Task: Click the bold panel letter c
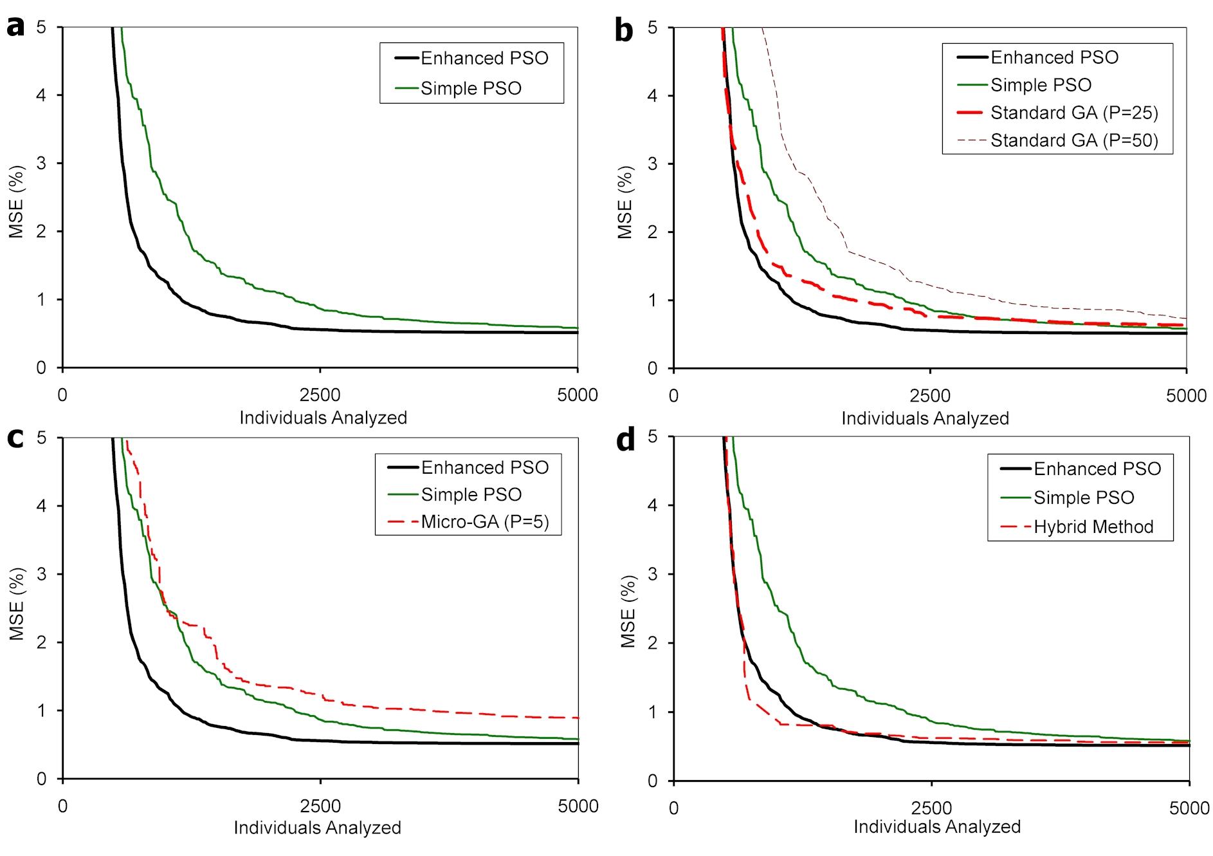point(15,438)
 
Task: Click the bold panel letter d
point(625,440)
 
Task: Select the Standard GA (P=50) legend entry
point(1073,140)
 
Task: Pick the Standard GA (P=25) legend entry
point(1073,113)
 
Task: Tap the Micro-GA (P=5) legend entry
point(484,521)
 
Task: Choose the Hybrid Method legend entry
point(1093,526)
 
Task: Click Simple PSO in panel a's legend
point(471,88)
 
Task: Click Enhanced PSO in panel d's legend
point(1097,469)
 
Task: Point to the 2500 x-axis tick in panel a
point(320,395)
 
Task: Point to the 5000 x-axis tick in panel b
point(1186,395)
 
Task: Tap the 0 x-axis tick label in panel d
point(673,808)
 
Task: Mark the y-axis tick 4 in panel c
point(42,506)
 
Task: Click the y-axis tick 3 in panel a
point(42,163)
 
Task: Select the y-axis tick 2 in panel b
point(652,232)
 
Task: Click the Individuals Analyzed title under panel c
point(317,828)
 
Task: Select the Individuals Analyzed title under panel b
point(925,418)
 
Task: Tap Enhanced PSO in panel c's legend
point(484,467)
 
